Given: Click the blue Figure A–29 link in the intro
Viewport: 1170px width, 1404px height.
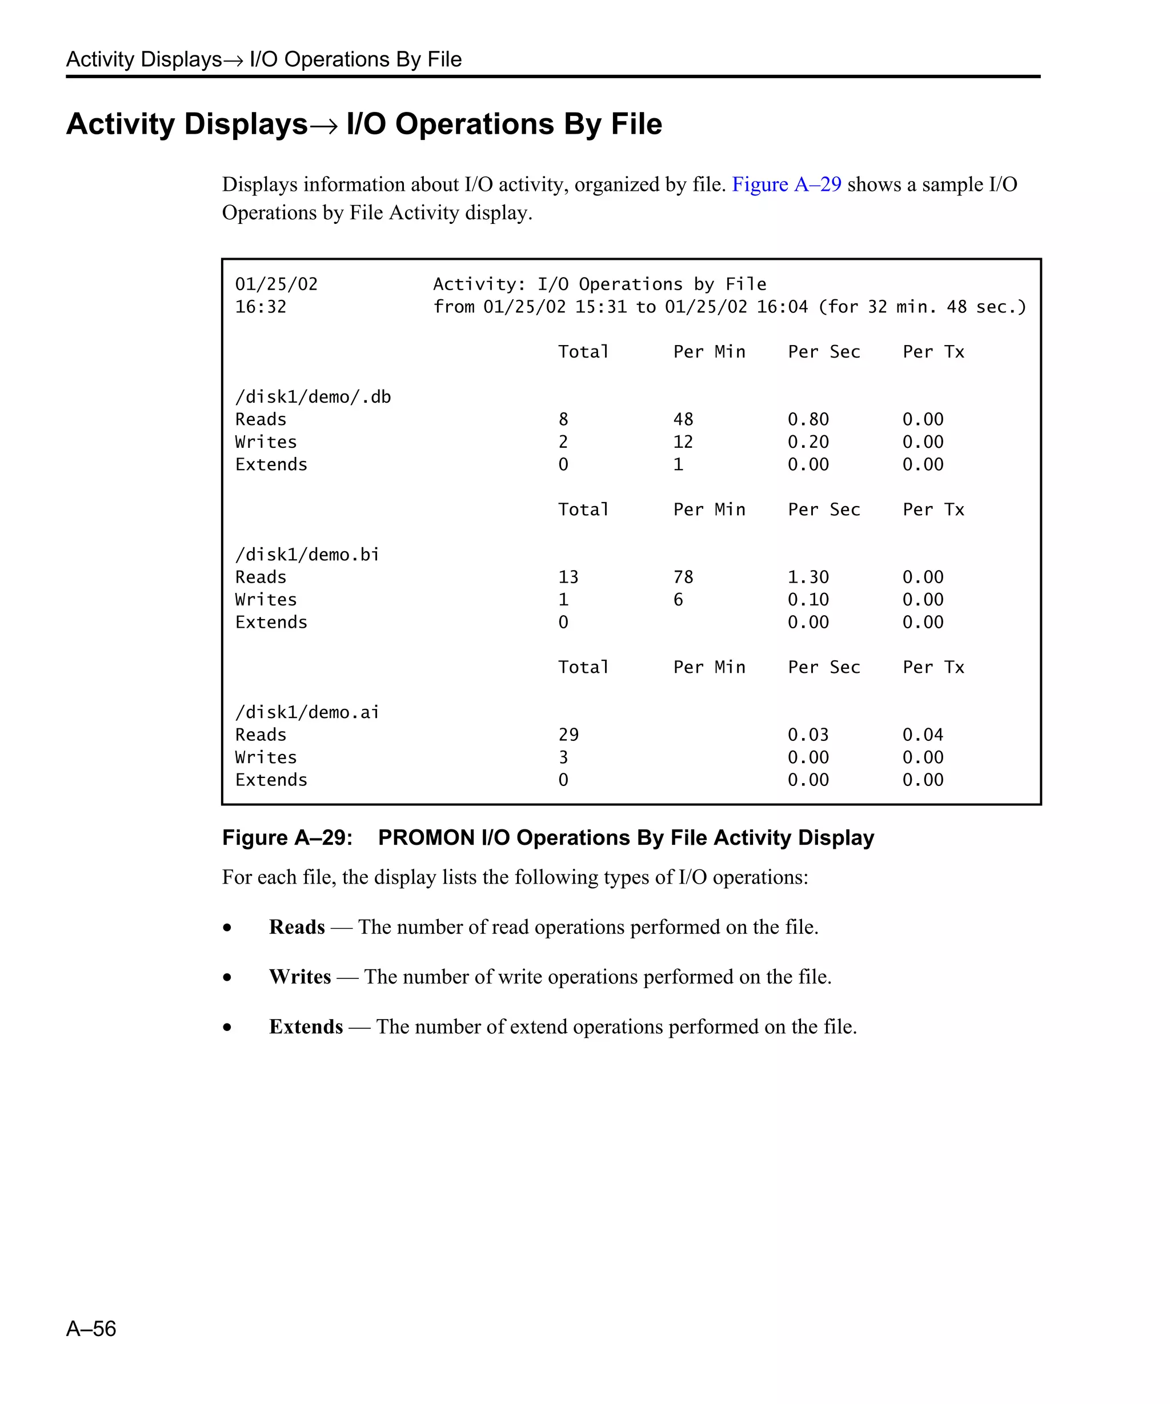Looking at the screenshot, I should point(786,184).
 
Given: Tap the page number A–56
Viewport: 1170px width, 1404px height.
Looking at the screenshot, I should point(91,1329).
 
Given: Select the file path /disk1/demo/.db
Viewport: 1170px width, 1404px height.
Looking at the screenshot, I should point(313,397).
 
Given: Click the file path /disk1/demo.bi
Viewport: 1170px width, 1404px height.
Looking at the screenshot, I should point(307,555).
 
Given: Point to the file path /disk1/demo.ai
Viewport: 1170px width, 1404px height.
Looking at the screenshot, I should point(307,713).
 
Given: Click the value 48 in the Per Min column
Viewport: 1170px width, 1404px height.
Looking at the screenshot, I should point(683,420).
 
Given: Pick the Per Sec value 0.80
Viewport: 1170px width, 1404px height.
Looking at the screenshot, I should point(808,420).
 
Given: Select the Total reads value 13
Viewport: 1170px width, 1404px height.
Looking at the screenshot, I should point(568,577).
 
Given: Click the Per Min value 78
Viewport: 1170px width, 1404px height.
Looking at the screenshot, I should point(683,577).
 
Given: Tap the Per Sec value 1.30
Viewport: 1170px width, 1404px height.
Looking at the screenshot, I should point(808,577).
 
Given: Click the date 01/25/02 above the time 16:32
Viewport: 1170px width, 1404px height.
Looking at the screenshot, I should point(276,285).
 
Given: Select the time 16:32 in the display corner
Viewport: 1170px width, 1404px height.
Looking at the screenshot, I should point(261,307).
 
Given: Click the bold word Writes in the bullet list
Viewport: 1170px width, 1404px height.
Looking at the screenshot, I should point(299,977).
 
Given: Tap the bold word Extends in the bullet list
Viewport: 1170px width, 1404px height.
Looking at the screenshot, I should point(306,1027).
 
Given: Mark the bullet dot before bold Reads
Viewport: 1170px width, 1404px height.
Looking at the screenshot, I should point(227,928).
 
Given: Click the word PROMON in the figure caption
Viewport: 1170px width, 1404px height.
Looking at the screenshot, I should point(426,838).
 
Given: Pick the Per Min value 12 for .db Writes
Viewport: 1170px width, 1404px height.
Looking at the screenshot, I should point(683,443).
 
